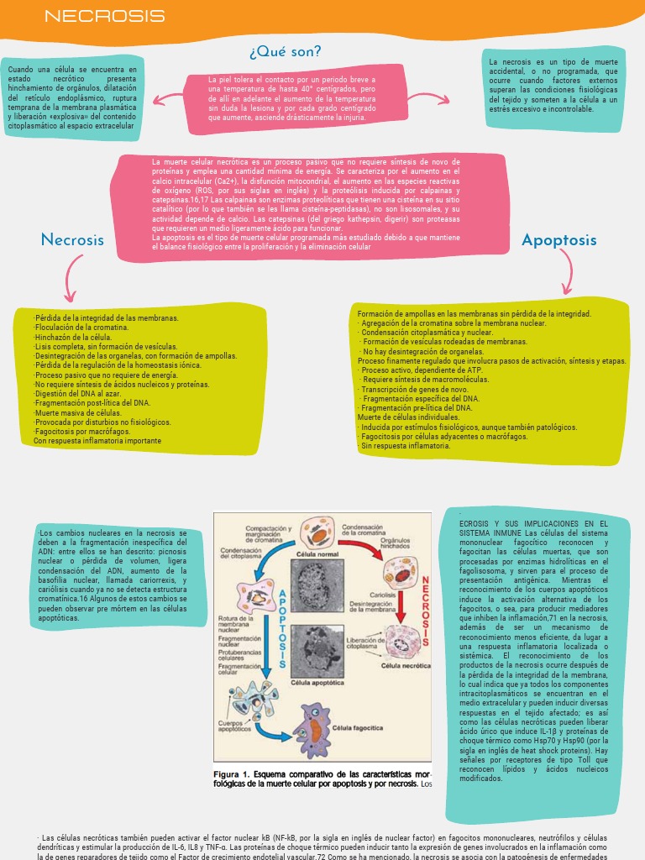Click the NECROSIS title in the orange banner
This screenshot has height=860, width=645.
tap(104, 17)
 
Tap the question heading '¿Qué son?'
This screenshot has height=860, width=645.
tap(286, 52)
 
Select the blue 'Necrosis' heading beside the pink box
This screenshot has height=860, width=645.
tap(72, 240)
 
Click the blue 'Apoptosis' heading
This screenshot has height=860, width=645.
tap(559, 240)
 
